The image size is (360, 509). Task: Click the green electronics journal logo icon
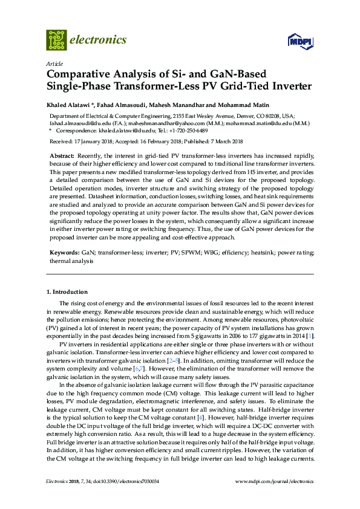[x=56, y=40]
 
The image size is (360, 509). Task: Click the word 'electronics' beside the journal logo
[x=99, y=40]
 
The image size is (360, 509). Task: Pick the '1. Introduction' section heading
[x=67, y=292]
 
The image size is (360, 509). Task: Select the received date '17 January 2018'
[x=90, y=141]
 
